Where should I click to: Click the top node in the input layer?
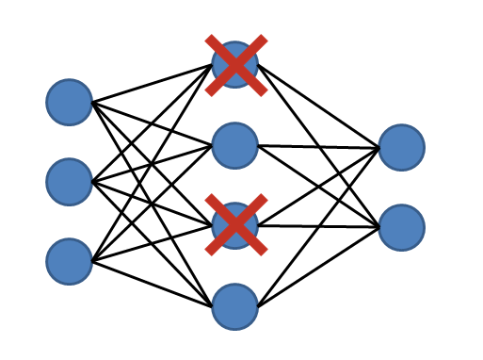70,102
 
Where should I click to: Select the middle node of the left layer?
70,181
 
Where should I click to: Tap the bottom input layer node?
70,261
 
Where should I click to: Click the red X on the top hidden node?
235,65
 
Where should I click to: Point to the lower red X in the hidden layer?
235,225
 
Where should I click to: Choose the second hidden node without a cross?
235,145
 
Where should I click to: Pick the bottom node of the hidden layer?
235,306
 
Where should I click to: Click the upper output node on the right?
402,147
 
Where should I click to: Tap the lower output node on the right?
402,227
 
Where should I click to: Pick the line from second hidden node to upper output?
320,146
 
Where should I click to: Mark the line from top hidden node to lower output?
282,104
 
